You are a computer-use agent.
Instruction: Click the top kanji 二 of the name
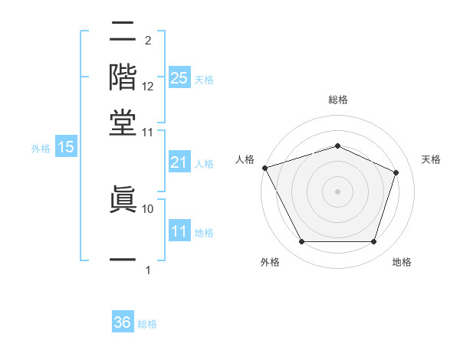[x=123, y=32]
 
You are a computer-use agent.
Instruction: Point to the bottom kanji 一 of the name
[x=123, y=260]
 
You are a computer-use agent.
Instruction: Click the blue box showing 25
[x=179, y=78]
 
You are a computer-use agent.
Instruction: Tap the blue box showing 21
[x=179, y=162]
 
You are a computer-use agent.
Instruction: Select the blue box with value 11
[x=179, y=231]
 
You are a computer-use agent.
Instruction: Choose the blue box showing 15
[x=66, y=148]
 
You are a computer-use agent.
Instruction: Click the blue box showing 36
[x=123, y=322]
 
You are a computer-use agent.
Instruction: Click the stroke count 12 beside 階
[x=148, y=87]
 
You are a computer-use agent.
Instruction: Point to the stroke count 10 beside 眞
[x=148, y=208]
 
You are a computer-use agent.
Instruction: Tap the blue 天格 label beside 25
[x=204, y=79]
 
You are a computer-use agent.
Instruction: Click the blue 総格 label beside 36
[x=147, y=323]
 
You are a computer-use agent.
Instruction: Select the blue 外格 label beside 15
[x=41, y=149]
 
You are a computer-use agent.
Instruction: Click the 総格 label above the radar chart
[x=337, y=100]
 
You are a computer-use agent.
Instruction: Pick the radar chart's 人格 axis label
[x=245, y=159]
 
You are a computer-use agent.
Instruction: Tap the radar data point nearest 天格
[x=396, y=172]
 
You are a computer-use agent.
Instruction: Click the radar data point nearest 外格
[x=301, y=242]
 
